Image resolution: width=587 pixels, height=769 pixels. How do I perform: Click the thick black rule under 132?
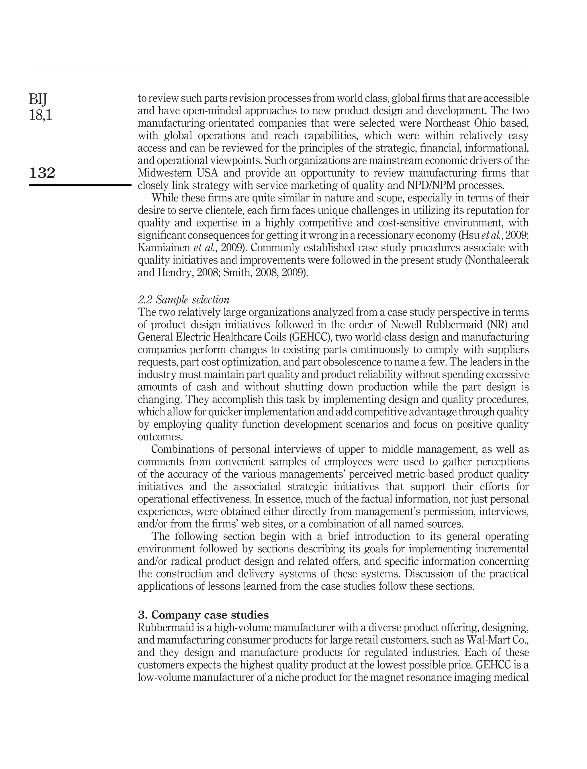coord(80,185)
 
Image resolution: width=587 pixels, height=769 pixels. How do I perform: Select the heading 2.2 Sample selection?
coord(183,300)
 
